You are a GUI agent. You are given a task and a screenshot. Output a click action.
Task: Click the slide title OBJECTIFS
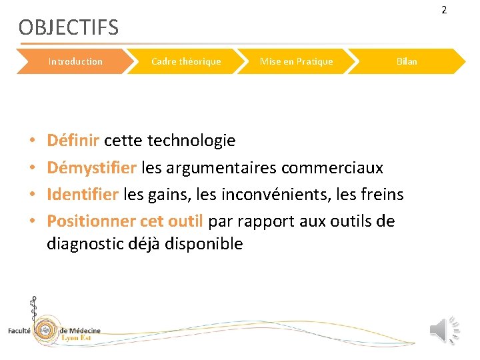pos(68,28)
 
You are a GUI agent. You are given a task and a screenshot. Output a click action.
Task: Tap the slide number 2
pos(463,9)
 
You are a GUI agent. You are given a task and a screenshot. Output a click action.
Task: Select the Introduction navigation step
pos(75,61)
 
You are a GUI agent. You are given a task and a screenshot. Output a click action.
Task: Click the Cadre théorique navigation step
pos(186,61)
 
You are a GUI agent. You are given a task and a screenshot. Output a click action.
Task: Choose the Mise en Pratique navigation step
pos(296,61)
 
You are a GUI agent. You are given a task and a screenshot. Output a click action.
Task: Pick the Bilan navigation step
pos(407,61)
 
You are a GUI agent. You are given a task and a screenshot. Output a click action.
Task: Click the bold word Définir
pos(73,141)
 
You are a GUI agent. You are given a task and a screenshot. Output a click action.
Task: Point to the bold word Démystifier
pos(92,167)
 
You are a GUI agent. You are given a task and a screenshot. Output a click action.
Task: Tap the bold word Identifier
pos(83,194)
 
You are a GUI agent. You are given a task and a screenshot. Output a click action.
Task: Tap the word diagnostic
pos(83,244)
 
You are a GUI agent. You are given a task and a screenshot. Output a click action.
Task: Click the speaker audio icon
pos(444,330)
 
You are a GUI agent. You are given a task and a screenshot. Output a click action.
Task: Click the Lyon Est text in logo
pos(79,338)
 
